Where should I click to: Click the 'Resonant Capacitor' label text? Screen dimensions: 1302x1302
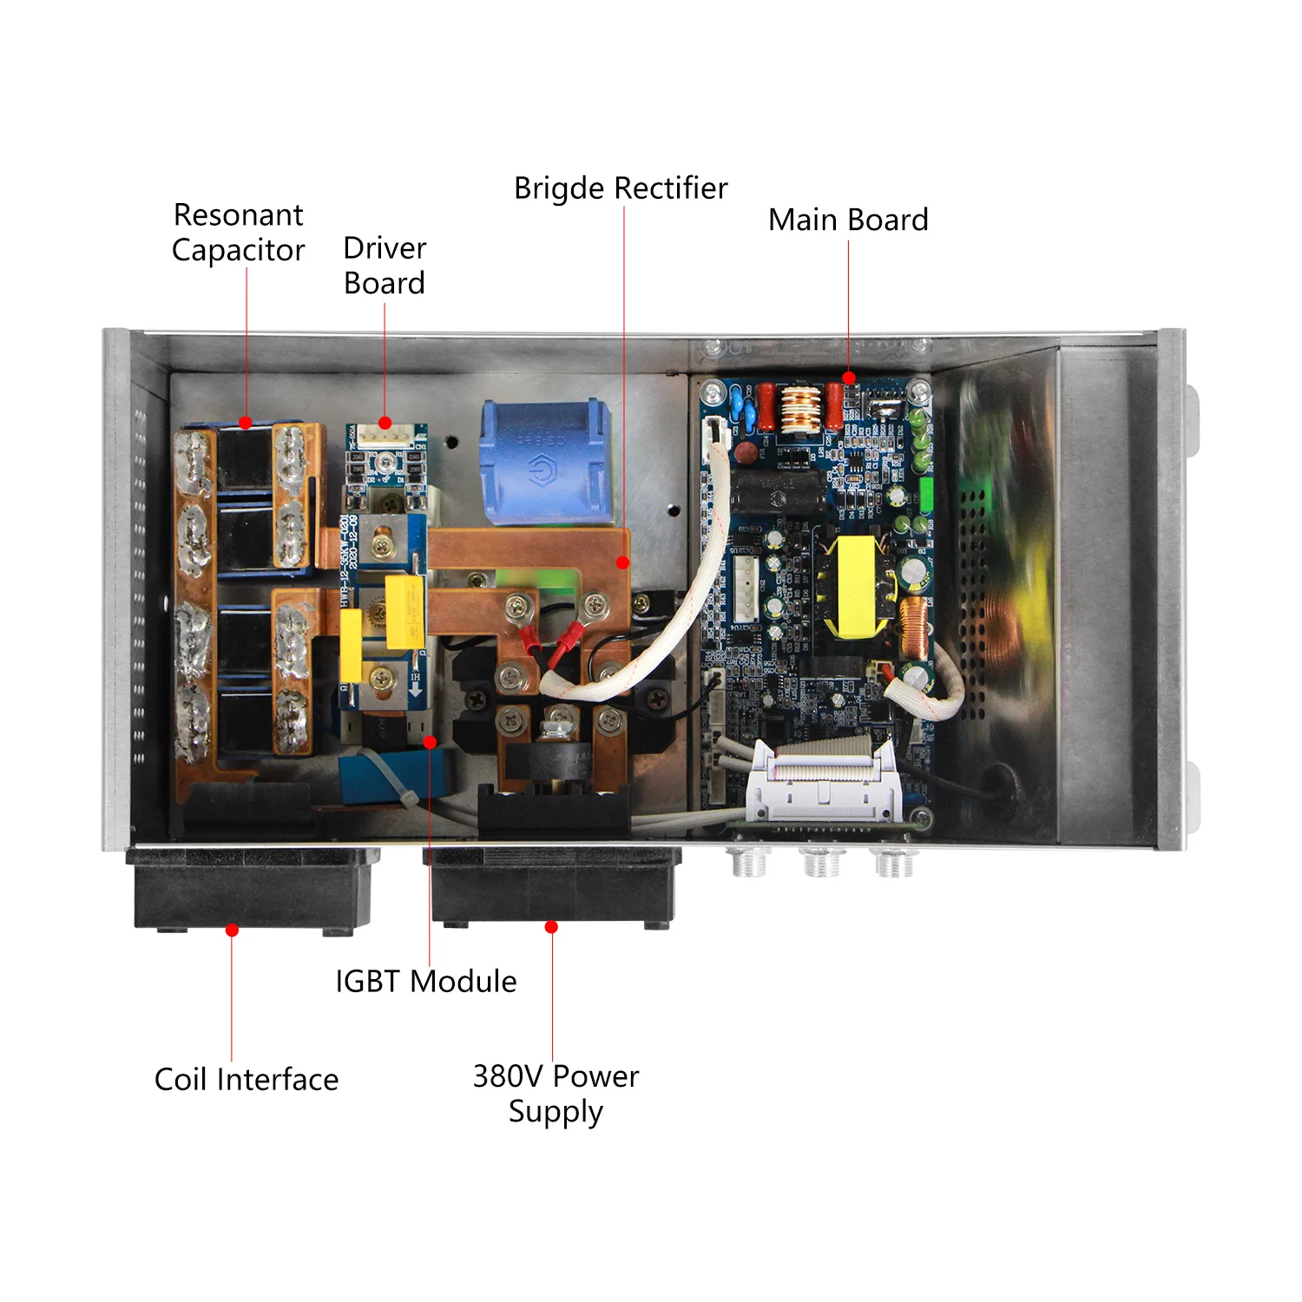(x=239, y=233)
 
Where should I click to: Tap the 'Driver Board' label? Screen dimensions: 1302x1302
(x=385, y=266)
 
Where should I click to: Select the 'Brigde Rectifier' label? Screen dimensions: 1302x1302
(x=621, y=188)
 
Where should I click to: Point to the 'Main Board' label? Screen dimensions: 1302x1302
(x=848, y=220)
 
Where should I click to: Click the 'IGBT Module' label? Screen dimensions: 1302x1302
(x=426, y=982)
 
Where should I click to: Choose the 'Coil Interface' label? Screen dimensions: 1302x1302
(x=247, y=1080)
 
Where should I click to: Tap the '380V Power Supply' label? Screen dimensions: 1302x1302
(x=556, y=1094)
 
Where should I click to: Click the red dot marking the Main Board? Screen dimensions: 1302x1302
(x=849, y=378)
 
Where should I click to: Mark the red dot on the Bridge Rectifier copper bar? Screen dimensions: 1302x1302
(x=622, y=562)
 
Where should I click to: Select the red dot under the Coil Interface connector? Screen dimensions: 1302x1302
(x=232, y=930)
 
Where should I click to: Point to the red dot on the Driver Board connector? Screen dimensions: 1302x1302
(x=385, y=424)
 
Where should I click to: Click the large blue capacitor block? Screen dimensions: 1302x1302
(x=544, y=462)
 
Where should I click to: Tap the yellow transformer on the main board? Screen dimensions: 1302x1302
(x=855, y=586)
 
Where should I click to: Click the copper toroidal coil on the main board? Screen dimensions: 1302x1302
(x=912, y=628)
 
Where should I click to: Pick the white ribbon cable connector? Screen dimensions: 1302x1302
(x=820, y=781)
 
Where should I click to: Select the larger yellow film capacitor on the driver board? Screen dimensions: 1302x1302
(x=404, y=612)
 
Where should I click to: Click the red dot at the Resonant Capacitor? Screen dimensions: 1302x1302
(x=246, y=423)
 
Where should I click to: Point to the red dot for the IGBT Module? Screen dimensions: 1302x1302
(x=430, y=742)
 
